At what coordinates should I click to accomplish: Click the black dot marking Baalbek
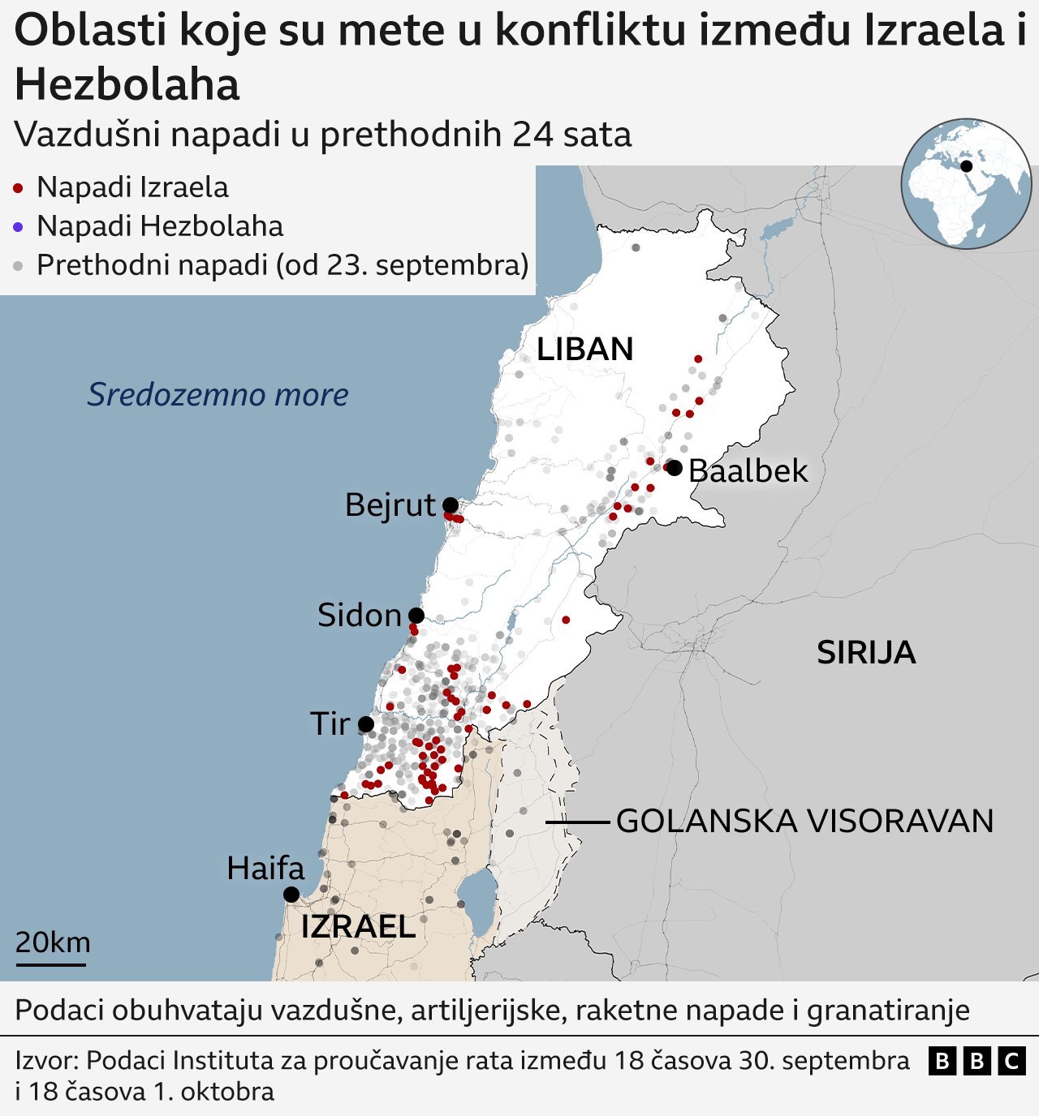pyautogui.click(x=674, y=468)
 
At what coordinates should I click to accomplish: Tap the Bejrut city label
pyautogui.click(x=390, y=504)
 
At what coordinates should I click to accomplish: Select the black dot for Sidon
pyautogui.click(x=416, y=616)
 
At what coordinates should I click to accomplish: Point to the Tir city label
pyautogui.click(x=330, y=723)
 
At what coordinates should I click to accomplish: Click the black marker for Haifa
pyautogui.click(x=291, y=895)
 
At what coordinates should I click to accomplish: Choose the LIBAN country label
pyautogui.click(x=584, y=349)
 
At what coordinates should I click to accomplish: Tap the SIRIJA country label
pyautogui.click(x=866, y=653)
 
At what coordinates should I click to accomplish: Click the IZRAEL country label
pyautogui.click(x=358, y=926)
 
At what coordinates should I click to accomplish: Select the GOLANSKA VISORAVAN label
pyautogui.click(x=804, y=822)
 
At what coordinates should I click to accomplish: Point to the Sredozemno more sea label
pyautogui.click(x=218, y=394)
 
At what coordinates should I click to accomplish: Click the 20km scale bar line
pyautogui.click(x=50, y=964)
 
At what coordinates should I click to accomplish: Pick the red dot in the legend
pyautogui.click(x=18, y=188)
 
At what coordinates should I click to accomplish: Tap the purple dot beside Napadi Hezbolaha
pyautogui.click(x=18, y=227)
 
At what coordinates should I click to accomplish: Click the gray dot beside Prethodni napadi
pyautogui.click(x=18, y=266)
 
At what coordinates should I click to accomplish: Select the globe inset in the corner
pyautogui.click(x=965, y=183)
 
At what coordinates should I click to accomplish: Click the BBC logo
pyautogui.click(x=977, y=1061)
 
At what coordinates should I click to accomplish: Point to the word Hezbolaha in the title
pyautogui.click(x=127, y=84)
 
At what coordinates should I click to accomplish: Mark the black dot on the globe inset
pyautogui.click(x=966, y=166)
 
